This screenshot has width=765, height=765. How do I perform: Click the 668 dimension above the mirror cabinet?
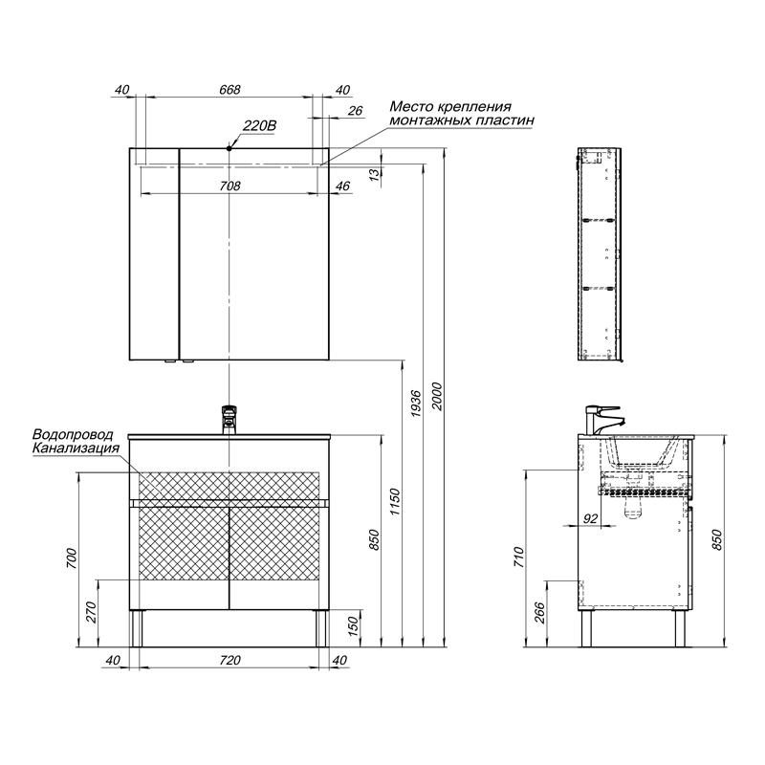229,90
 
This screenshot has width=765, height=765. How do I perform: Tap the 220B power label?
259,126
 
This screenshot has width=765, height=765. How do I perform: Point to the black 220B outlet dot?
229,148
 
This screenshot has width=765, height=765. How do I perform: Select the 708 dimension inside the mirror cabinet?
229,186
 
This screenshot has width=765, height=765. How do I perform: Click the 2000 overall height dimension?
437,397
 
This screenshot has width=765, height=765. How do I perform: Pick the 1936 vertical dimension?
416,403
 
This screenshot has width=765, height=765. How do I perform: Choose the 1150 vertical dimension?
395,503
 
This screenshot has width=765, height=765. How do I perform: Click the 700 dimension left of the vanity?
71,558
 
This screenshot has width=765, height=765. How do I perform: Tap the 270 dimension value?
91,612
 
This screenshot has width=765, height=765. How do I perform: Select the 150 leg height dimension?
353,625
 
